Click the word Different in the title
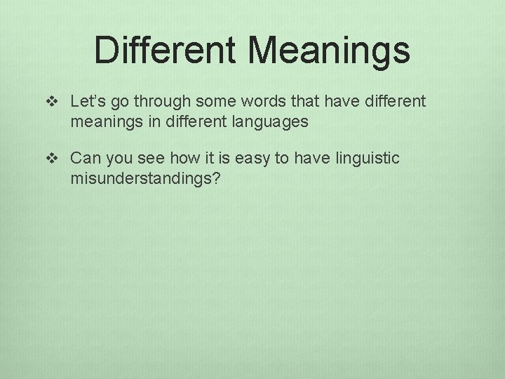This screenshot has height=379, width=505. click(165, 50)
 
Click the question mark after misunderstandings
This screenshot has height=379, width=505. click(216, 179)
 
